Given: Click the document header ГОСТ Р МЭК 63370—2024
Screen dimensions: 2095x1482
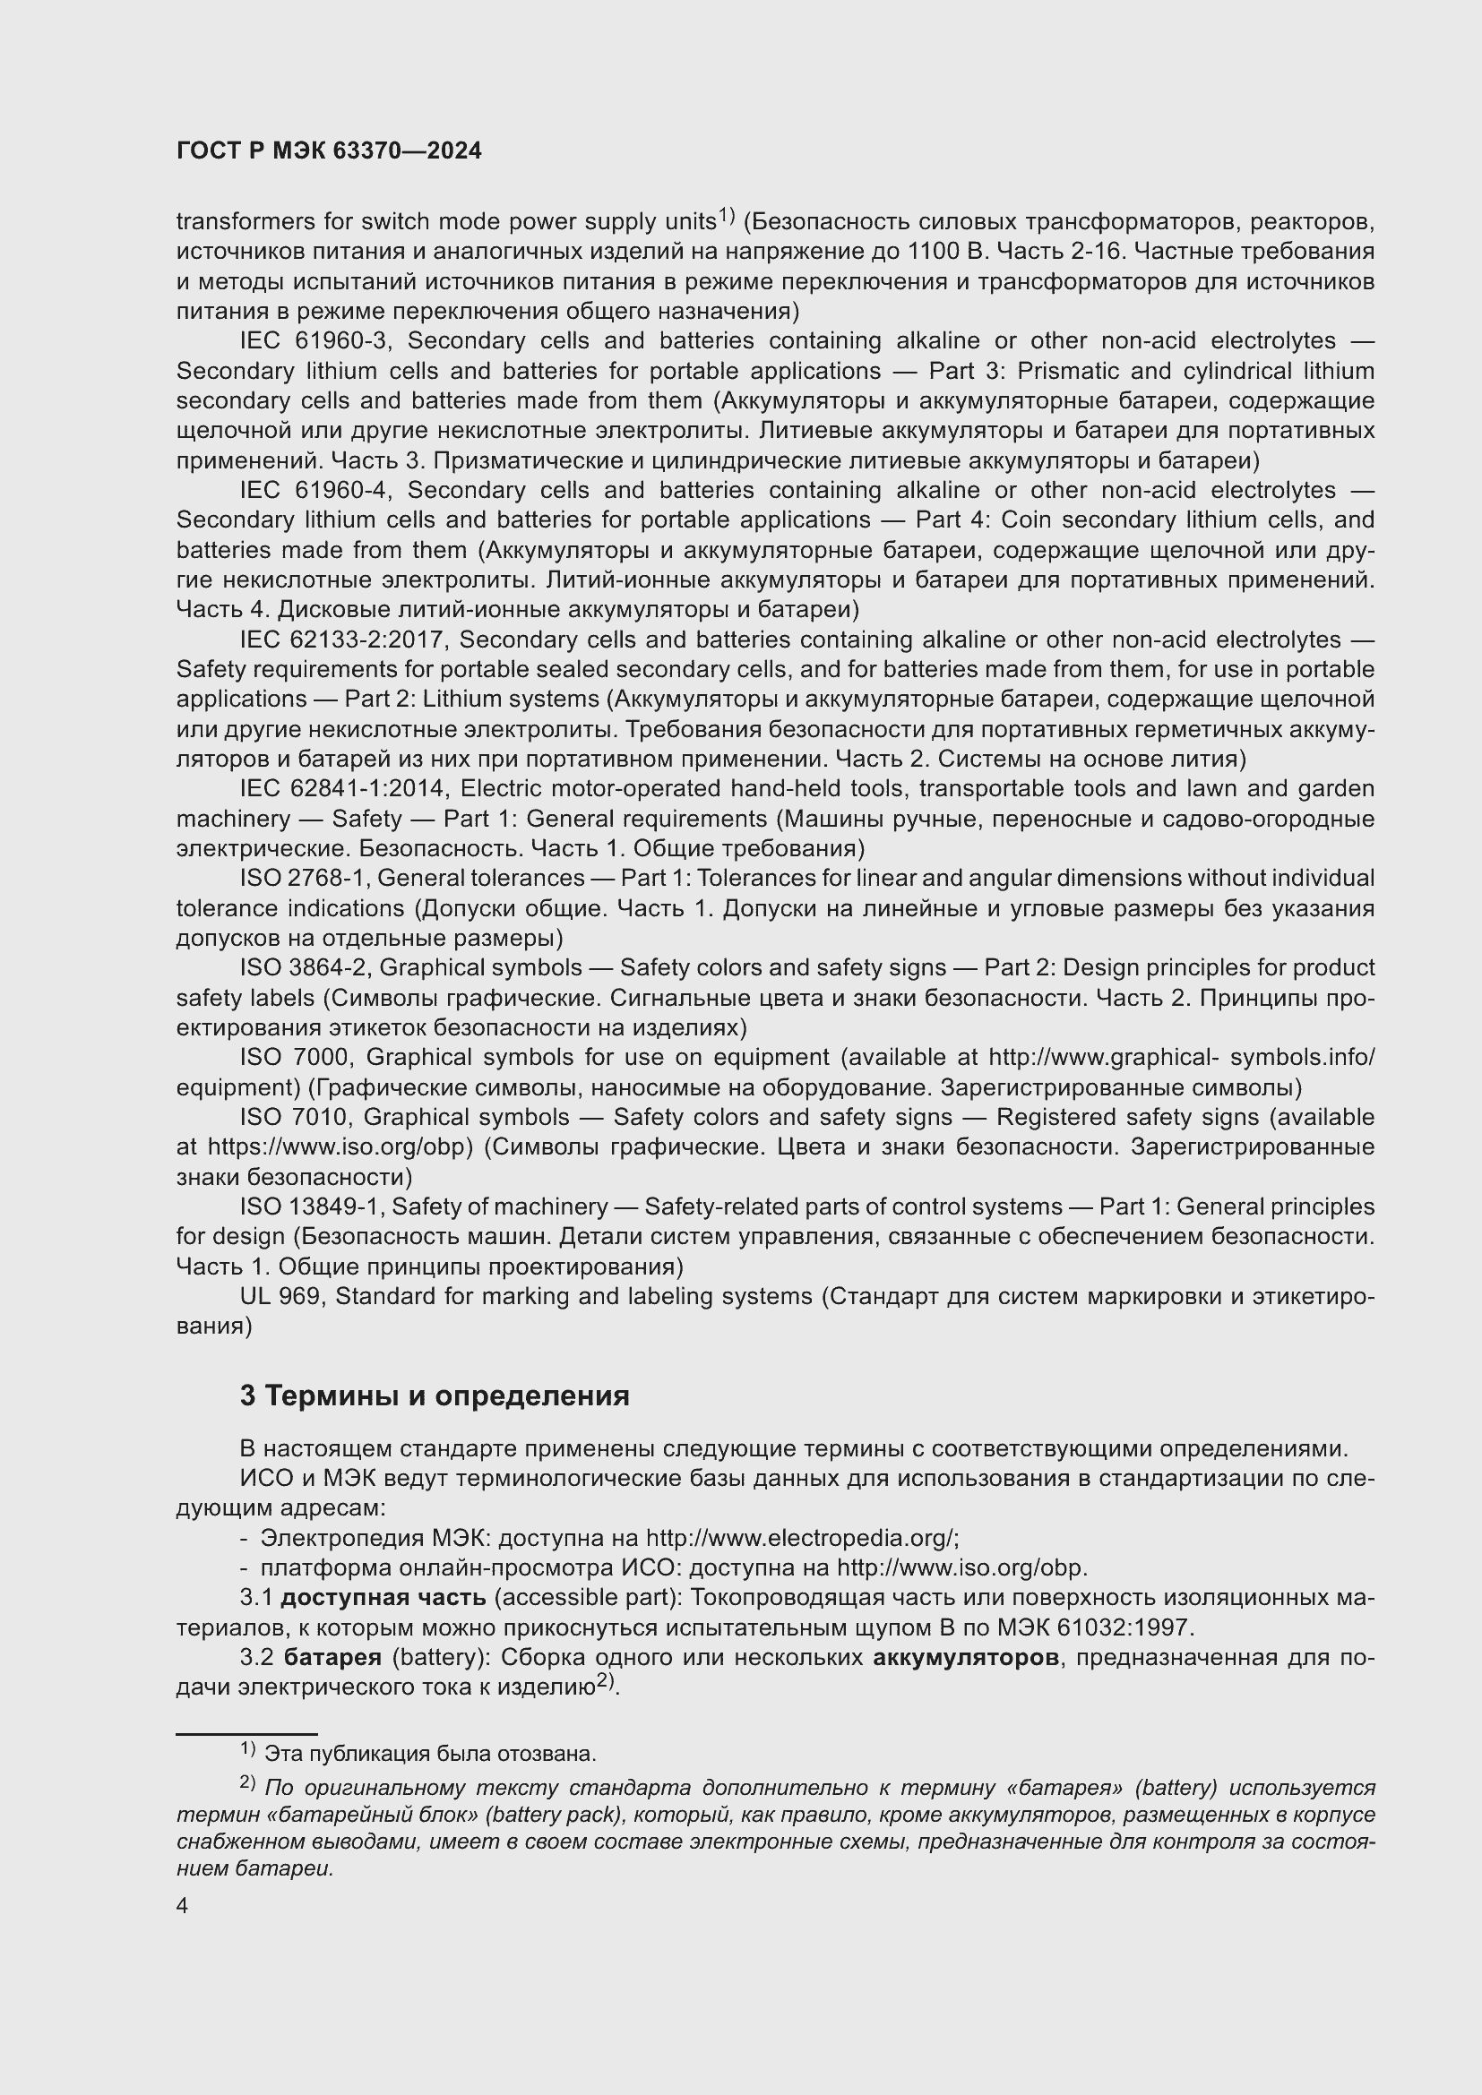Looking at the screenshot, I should (x=329, y=151).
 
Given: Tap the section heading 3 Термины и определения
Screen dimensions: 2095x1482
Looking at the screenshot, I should (x=435, y=1396).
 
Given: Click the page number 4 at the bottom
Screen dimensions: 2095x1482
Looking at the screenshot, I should (x=183, y=1906).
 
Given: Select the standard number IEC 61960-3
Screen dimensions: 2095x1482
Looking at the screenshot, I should (x=314, y=341).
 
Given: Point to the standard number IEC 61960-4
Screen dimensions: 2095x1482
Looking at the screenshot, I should (x=314, y=491).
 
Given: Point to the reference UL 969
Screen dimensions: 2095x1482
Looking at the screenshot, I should (x=281, y=1297).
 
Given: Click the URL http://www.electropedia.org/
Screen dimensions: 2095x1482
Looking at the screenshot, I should (x=802, y=1539).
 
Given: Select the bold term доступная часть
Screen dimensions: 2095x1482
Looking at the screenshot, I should (x=383, y=1599).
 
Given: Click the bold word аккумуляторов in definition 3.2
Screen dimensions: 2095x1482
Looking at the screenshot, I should (x=967, y=1658).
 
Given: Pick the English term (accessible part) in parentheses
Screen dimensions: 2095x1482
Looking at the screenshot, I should (x=589, y=1599).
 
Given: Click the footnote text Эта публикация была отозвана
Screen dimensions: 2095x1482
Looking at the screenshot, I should (x=429, y=1754).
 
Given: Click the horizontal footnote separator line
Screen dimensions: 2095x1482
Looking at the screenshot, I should (x=246, y=1733).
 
